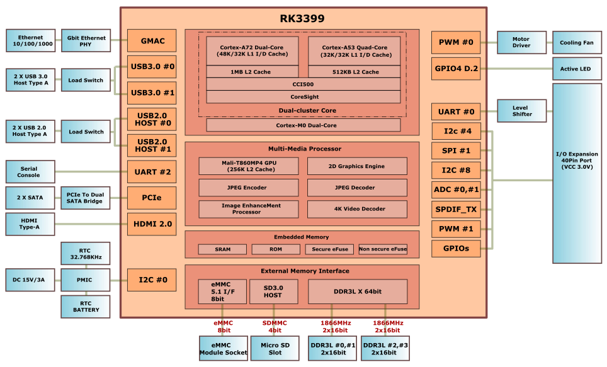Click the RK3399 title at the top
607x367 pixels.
pos(302,19)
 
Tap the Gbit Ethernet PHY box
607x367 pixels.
pos(84,41)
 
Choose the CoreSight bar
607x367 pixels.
pos(303,97)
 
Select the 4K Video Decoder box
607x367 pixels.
pos(356,209)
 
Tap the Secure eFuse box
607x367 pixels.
pos(329,249)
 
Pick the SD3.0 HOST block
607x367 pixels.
pos(273,291)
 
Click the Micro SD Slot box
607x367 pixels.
pos(275,348)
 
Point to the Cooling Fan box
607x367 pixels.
pos(576,43)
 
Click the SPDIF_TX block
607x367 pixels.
pos(456,209)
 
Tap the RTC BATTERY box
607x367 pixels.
pos(85,307)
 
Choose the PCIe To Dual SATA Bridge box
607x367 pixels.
pos(85,198)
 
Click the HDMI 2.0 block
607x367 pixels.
pos(151,223)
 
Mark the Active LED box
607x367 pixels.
pos(576,69)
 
